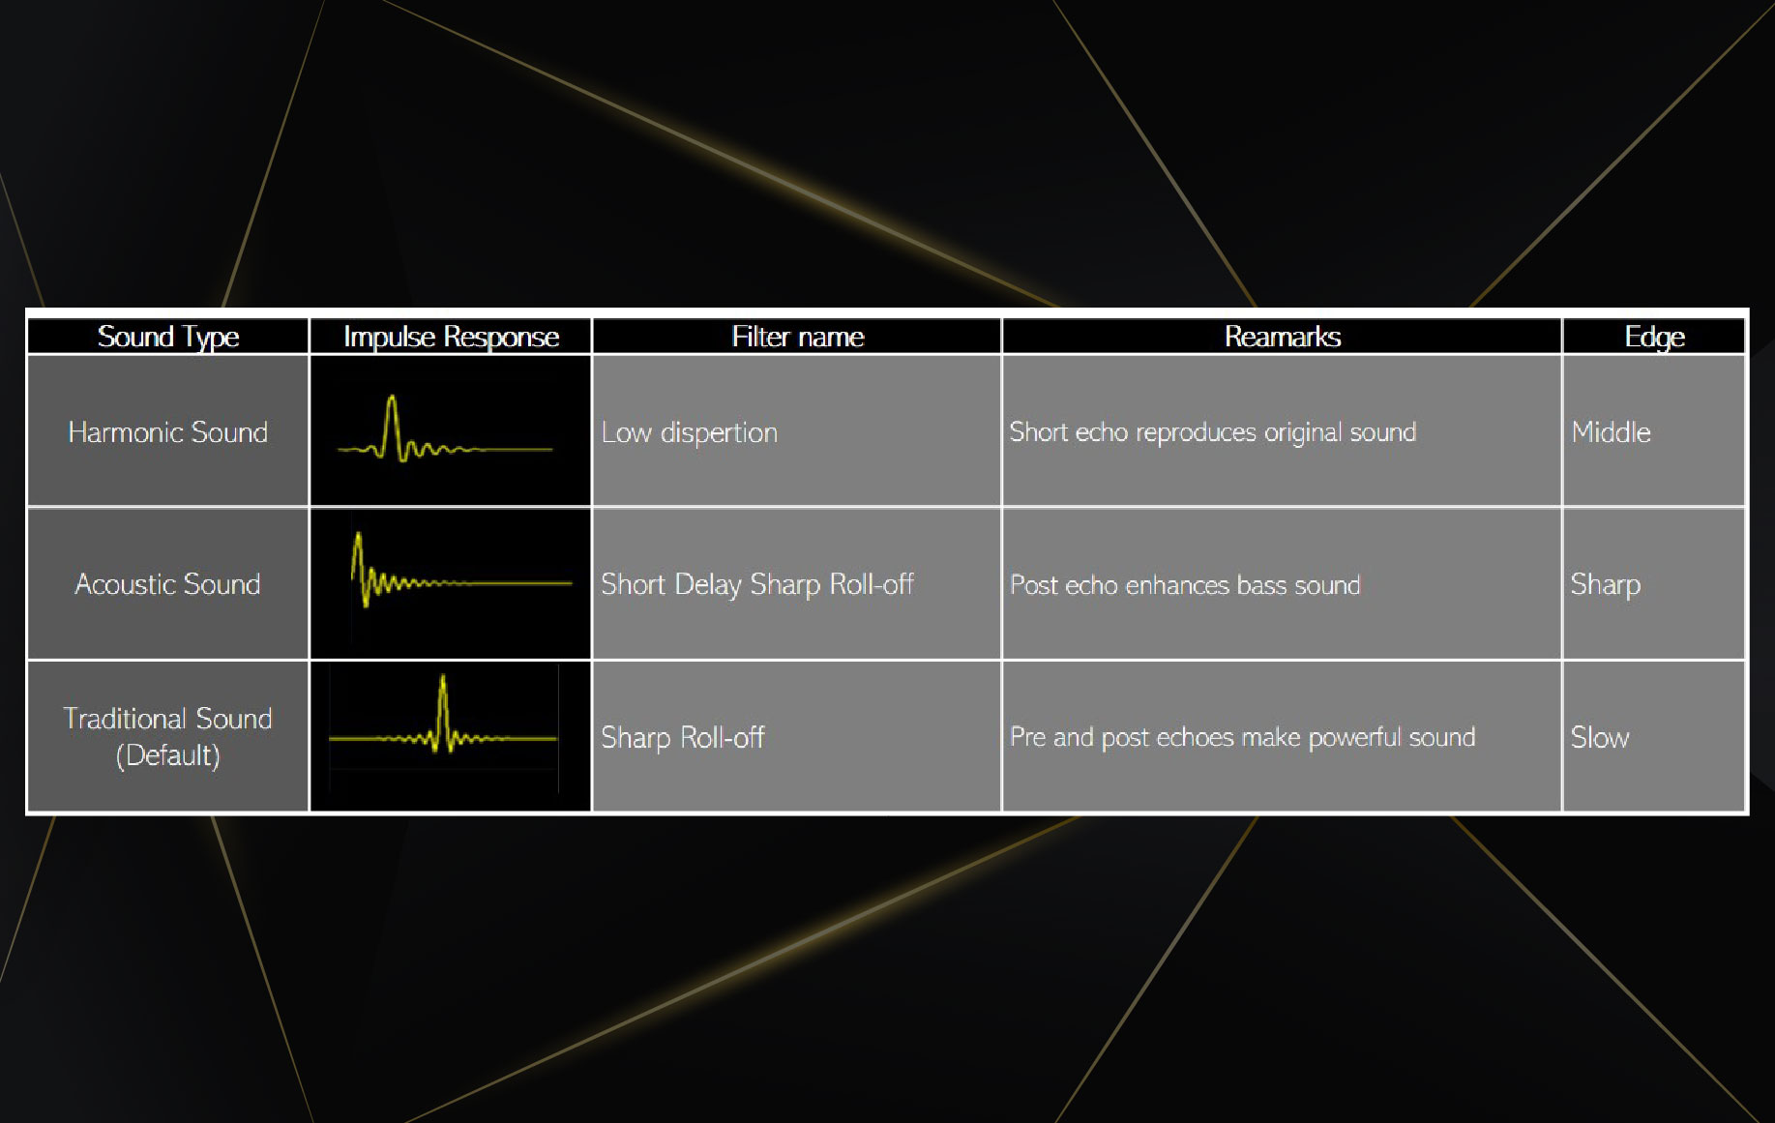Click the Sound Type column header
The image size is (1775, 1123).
[x=168, y=337]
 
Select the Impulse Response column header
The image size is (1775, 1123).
[x=451, y=337]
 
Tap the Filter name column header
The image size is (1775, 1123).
[x=798, y=337]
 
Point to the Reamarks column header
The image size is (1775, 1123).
[x=1283, y=337]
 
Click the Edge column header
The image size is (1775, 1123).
[x=1654, y=337]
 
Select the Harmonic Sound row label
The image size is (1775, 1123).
[x=167, y=431]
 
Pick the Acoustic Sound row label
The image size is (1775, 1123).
[x=167, y=584]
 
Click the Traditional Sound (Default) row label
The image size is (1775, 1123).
[x=167, y=736]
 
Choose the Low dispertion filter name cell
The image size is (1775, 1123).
[x=689, y=432]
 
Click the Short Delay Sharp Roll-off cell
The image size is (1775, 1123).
[x=757, y=584]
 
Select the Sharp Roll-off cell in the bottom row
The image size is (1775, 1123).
[x=683, y=737]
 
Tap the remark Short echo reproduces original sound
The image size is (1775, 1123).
[x=1212, y=432]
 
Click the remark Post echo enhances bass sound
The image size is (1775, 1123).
[x=1185, y=585]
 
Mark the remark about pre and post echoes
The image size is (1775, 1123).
[x=1242, y=737]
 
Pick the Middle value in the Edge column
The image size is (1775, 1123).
[x=1611, y=431]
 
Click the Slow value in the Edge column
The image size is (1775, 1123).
[x=1600, y=737]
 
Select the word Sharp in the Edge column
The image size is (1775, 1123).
[x=1606, y=584]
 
